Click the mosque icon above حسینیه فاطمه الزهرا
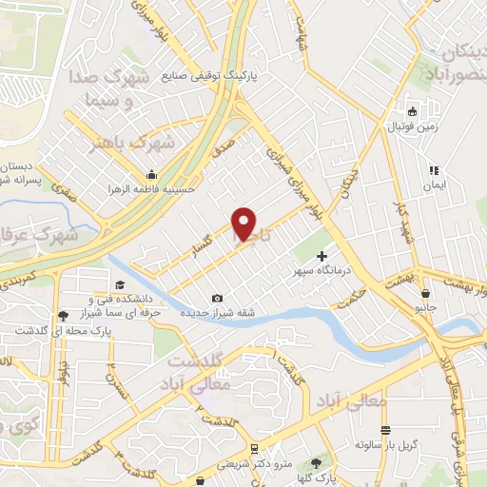tap(152, 174)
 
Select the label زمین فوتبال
tap(410, 126)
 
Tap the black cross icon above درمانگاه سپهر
tap(321, 255)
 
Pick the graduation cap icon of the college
tap(120, 284)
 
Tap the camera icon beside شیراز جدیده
tap(218, 299)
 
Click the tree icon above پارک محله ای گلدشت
tap(64, 315)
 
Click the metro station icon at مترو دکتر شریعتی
tap(253, 449)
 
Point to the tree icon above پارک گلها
tap(330, 462)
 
